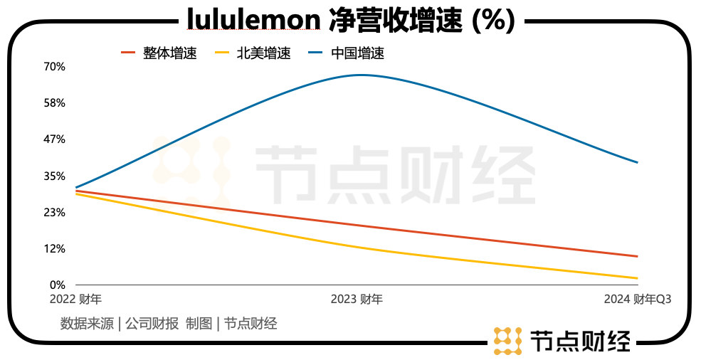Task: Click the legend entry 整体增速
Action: tap(169, 53)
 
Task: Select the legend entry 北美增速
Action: tap(264, 53)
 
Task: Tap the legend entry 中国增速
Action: tap(357, 53)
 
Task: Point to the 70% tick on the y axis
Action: tap(55, 67)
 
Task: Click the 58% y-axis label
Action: tap(55, 103)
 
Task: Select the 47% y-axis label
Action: tap(55, 139)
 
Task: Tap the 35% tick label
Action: tap(55, 176)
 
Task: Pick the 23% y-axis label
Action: tap(55, 213)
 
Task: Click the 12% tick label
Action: tap(55, 249)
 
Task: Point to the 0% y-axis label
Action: tap(58, 285)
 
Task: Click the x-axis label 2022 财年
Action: tap(75, 300)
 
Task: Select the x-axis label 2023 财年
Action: tap(357, 300)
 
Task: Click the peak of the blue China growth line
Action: tap(360, 75)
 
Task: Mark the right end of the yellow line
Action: tap(637, 278)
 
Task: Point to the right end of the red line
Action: tap(637, 256)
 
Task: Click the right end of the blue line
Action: tap(637, 162)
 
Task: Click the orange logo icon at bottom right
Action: tap(508, 340)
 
